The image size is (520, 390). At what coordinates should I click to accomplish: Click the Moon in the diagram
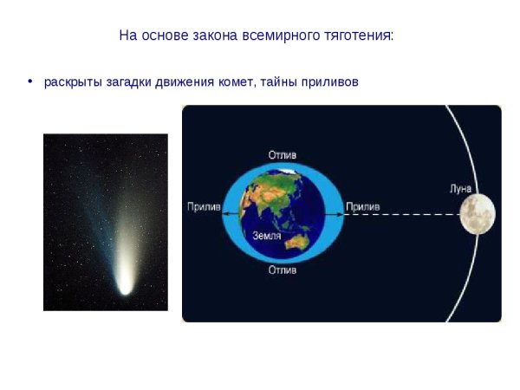coord(478,212)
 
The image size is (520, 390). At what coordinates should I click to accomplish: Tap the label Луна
coord(462,187)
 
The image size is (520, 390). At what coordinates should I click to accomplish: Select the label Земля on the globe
coord(265,235)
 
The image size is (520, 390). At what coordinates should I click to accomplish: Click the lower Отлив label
coord(282,270)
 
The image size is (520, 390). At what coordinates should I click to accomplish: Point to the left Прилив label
coord(204,207)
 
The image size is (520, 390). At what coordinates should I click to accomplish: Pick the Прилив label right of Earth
coord(362,207)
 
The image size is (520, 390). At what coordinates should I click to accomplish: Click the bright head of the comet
coord(126,283)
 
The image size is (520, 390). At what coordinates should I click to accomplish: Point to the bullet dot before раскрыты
coord(30,81)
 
